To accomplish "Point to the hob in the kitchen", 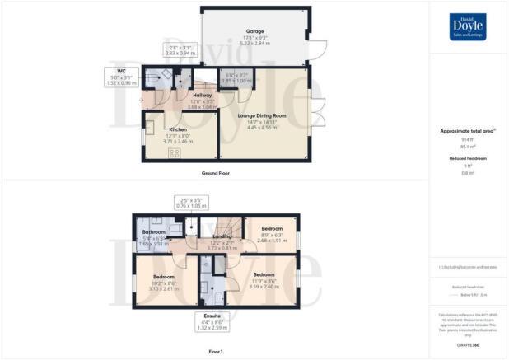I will click(x=175, y=152).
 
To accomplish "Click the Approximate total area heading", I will click(x=467, y=131).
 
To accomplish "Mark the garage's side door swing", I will click(x=320, y=47).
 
